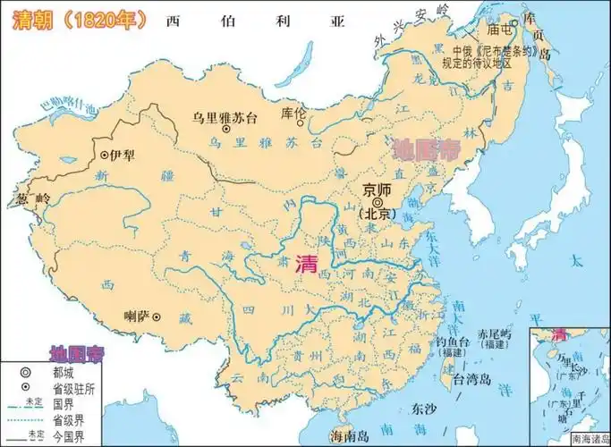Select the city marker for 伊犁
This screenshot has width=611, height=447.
pyautogui.click(x=104, y=155)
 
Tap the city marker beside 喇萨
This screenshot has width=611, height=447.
pyautogui.click(x=157, y=316)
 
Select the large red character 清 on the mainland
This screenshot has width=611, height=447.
pyautogui.click(x=305, y=263)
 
